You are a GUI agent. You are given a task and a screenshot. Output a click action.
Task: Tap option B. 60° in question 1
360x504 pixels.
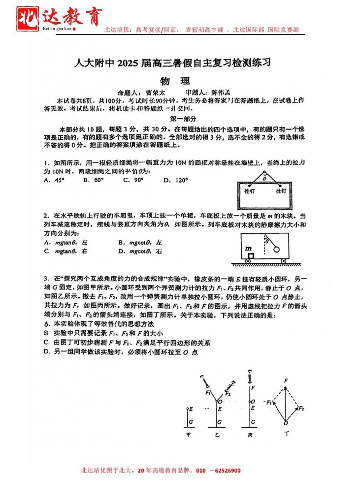93,180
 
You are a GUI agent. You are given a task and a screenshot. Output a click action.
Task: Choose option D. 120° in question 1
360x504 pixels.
176,180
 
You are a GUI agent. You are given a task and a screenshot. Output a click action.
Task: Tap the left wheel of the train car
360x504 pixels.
249,261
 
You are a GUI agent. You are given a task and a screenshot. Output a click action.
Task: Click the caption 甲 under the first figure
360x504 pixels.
189,435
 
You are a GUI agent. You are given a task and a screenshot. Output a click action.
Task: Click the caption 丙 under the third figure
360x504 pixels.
251,435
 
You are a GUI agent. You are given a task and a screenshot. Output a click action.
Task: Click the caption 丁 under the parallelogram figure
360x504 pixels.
287,434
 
